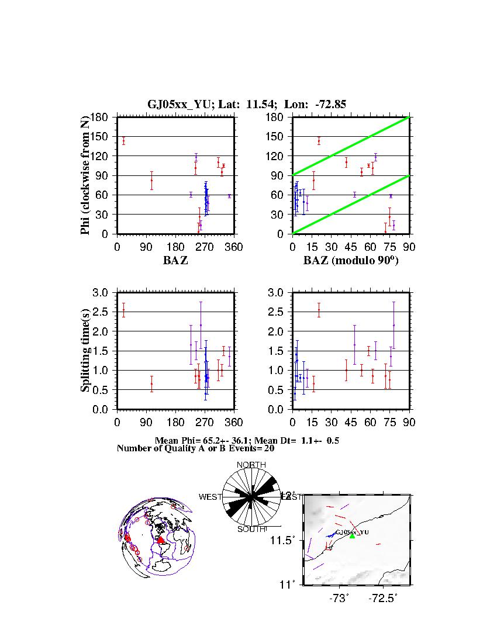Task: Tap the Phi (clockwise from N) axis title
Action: click(x=85, y=175)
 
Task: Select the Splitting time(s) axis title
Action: click(x=85, y=351)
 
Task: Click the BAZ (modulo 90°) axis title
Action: click(x=351, y=261)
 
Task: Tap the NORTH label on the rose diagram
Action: click(x=251, y=465)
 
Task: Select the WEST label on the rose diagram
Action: click(x=210, y=497)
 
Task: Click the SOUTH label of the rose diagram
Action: click(x=251, y=529)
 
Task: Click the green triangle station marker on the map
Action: click(x=352, y=535)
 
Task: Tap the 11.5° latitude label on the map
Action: click(x=284, y=540)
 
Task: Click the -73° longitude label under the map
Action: click(x=339, y=599)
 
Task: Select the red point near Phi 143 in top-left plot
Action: click(x=123, y=141)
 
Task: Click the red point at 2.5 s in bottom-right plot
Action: click(x=319, y=310)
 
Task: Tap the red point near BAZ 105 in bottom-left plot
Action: click(x=151, y=384)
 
